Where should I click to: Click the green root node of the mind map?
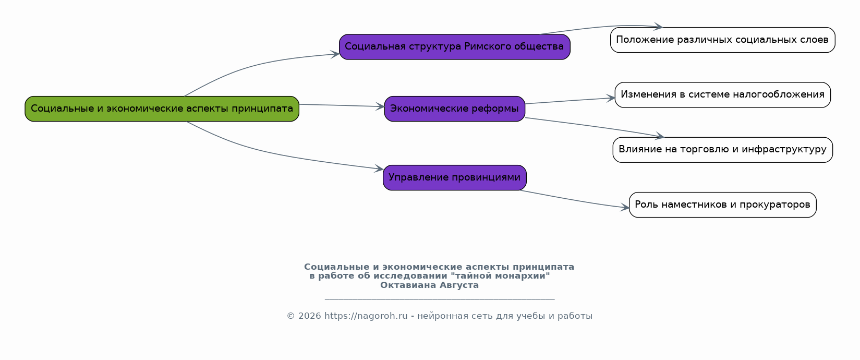[162, 109]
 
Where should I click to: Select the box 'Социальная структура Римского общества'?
[455, 47]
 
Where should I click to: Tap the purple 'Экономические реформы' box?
[455, 109]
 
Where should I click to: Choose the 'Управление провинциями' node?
[455, 177]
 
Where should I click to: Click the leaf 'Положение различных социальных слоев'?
[722, 40]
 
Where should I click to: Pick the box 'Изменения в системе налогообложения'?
[722, 95]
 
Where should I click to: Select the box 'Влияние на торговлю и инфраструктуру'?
[722, 150]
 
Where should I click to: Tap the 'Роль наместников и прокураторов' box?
[722, 205]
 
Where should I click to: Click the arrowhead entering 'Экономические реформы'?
[380, 106]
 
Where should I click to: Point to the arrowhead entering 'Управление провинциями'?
[379, 169]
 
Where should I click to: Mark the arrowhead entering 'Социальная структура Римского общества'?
[335, 54]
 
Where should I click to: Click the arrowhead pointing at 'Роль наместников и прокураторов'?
[625, 208]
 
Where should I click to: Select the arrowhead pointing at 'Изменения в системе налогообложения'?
[611, 99]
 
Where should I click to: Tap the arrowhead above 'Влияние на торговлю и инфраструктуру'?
[659, 136]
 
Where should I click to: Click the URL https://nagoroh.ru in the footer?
[366, 316]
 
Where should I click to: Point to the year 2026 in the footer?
[309, 316]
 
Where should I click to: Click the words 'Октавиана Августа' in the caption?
[429, 285]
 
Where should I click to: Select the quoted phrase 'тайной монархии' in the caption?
[500, 276]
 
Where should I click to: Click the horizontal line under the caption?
[440, 299]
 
